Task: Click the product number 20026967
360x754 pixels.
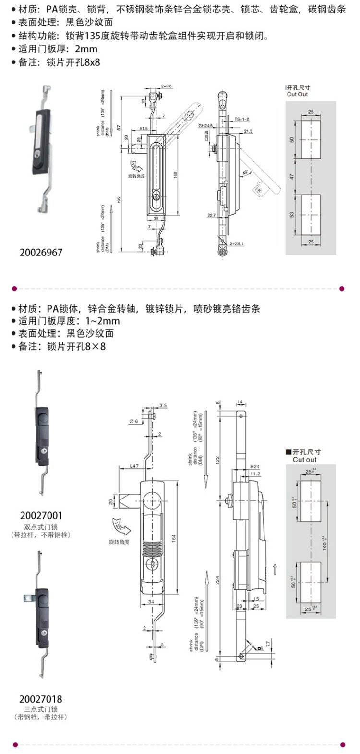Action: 41,252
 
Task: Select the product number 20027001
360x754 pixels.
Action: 41,516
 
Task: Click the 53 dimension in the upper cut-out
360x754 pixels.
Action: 292,214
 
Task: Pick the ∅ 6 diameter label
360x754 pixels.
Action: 134,421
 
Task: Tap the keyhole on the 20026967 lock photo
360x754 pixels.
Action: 37,156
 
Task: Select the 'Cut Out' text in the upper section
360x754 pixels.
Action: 298,95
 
